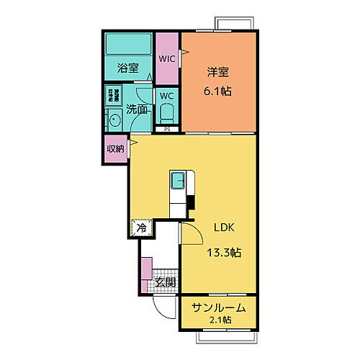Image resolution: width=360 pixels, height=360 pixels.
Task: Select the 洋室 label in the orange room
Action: point(217,72)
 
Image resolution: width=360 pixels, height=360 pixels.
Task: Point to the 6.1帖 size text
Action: point(217,91)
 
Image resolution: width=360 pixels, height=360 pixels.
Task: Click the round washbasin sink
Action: point(114,120)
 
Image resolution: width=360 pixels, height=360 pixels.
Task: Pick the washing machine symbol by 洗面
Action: point(114,95)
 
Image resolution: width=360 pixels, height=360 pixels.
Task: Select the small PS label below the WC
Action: point(167,130)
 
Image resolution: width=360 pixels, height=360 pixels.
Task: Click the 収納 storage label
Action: point(114,149)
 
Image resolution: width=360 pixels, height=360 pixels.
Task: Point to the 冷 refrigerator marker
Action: point(141,228)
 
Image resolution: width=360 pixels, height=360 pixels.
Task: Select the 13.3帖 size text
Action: point(225,253)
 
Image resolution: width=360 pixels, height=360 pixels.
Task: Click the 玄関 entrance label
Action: point(165,283)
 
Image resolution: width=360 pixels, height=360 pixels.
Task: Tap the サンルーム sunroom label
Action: point(219,307)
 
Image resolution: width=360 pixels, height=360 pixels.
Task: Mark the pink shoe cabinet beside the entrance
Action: point(147,269)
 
